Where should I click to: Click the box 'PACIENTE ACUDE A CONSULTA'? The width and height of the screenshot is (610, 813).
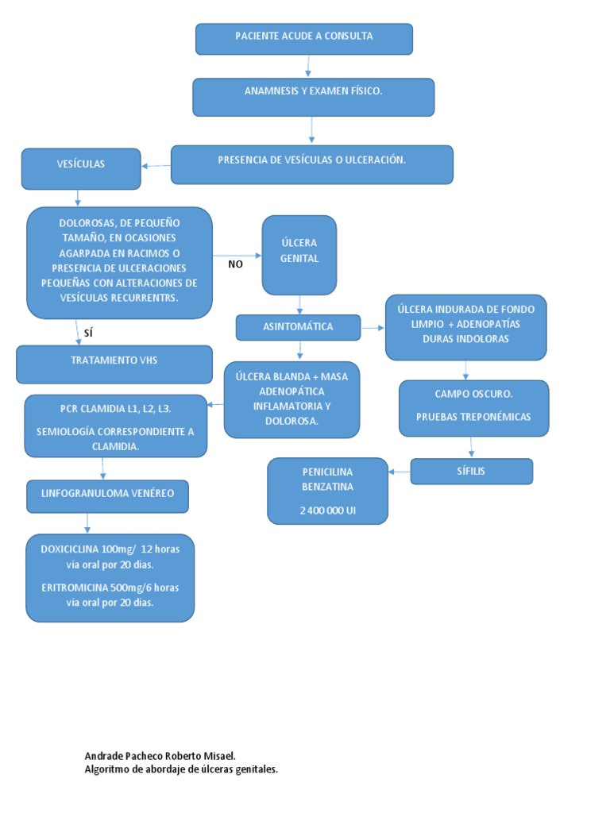[x=304, y=38]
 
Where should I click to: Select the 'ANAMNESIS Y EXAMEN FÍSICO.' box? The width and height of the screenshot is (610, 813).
[x=313, y=96]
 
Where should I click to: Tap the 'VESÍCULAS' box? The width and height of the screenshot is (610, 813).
[x=81, y=168]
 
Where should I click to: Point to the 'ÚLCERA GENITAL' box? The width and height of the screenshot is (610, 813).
[x=299, y=254]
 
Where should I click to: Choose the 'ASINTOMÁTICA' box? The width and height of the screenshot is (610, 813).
[x=298, y=326]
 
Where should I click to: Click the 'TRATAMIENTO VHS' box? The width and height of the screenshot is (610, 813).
[x=114, y=364]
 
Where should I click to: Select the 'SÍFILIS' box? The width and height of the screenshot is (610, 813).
[x=471, y=471]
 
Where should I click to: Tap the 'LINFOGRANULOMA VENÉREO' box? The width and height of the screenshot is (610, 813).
[x=107, y=495]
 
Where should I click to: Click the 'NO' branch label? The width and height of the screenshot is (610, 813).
[x=235, y=264]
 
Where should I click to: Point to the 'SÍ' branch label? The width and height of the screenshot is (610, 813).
[x=88, y=333]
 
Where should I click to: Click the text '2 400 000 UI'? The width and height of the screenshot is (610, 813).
[x=328, y=511]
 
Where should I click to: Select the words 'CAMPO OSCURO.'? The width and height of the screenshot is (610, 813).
[x=473, y=394]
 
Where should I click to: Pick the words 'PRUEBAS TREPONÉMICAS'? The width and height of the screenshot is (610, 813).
[x=473, y=417]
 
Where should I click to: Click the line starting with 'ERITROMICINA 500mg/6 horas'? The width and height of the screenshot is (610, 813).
[x=110, y=588]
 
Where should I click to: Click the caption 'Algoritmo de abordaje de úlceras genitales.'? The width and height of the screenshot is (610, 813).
[x=181, y=769]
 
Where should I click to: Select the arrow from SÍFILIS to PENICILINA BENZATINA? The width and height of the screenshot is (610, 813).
[x=399, y=472]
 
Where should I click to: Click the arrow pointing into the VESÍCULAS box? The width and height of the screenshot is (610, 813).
[x=156, y=166]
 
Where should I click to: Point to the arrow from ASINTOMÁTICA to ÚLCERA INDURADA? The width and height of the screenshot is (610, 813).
[x=373, y=326]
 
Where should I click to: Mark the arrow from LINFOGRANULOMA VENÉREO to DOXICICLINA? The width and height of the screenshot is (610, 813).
[x=87, y=522]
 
